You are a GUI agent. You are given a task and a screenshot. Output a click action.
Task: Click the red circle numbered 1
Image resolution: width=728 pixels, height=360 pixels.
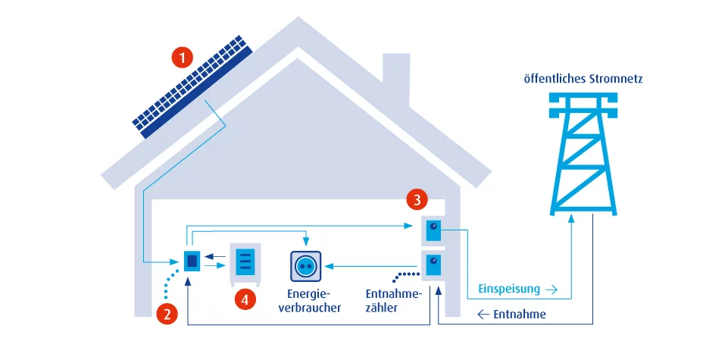pyautogui.click(x=182, y=57)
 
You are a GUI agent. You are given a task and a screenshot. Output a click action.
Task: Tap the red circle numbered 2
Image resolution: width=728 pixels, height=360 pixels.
pyautogui.click(x=167, y=312)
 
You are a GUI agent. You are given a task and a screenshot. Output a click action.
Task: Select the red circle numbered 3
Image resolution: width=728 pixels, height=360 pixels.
pyautogui.click(x=415, y=199)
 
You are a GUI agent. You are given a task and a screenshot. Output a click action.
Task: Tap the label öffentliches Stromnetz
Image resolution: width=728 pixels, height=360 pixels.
pyautogui.click(x=583, y=78)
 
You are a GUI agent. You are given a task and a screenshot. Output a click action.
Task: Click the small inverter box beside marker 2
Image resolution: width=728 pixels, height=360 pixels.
pyautogui.click(x=192, y=260)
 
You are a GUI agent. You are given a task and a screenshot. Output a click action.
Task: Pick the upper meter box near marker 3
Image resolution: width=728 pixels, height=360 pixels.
pyautogui.click(x=433, y=229)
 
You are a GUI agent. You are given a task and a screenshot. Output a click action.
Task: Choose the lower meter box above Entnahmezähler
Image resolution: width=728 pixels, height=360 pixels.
pyautogui.click(x=433, y=265)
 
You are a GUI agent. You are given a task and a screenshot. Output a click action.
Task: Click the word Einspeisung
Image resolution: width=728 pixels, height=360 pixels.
pyautogui.click(x=509, y=289)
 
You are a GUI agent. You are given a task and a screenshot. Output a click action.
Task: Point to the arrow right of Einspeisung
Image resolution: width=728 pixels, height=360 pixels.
pyautogui.click(x=551, y=289)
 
